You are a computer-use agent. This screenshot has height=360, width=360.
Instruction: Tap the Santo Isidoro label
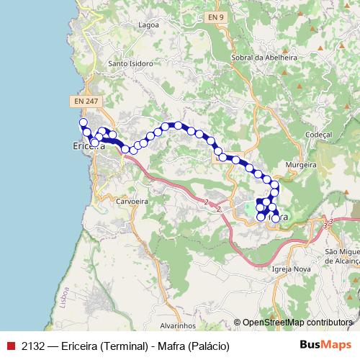[x=130, y=63]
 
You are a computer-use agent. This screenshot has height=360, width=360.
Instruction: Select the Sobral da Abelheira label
[x=254, y=55]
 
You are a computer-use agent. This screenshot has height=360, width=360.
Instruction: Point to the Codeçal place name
[x=318, y=135]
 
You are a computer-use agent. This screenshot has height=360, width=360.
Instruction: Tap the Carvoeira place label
[x=132, y=202]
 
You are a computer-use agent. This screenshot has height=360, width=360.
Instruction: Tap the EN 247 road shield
[x=86, y=102]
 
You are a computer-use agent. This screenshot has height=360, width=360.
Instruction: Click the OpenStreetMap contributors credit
[x=297, y=323]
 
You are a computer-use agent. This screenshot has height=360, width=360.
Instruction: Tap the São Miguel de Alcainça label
[x=342, y=256]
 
